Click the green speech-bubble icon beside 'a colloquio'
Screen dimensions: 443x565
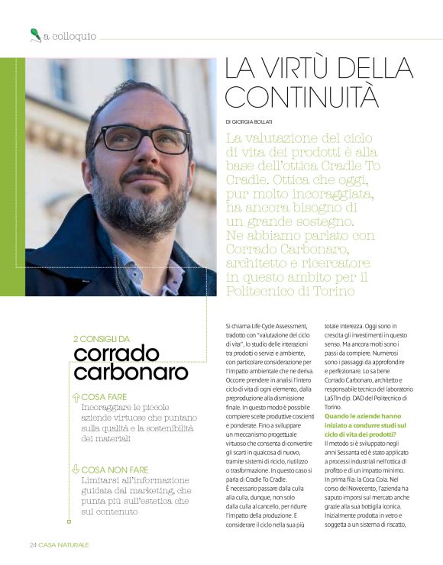(34, 33)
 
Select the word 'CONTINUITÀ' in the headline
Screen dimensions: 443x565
(302, 97)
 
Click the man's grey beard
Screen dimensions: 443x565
(134, 202)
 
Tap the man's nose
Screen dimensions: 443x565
(154, 156)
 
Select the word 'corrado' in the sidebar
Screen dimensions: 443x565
(116, 354)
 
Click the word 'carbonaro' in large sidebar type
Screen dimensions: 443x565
(131, 373)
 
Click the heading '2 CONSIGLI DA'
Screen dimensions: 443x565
(101, 338)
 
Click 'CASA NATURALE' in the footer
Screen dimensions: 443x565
(64, 544)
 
